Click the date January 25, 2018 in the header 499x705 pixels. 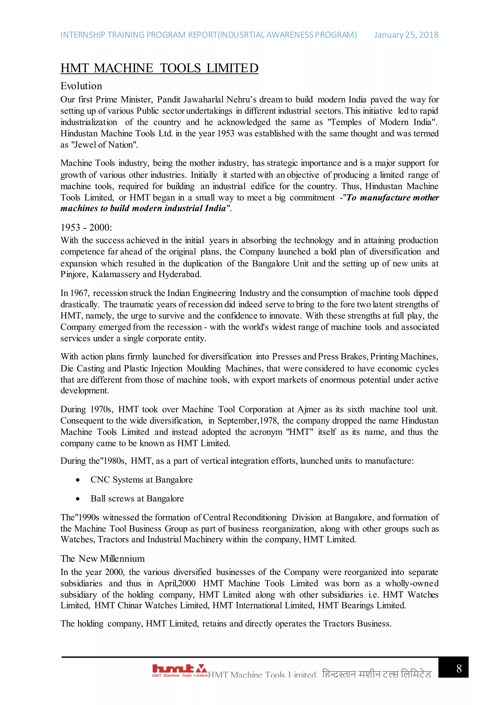406,35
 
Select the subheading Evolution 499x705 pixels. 81,86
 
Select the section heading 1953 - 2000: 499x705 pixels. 86,228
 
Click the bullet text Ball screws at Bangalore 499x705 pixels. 137,499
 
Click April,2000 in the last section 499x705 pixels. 177,584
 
